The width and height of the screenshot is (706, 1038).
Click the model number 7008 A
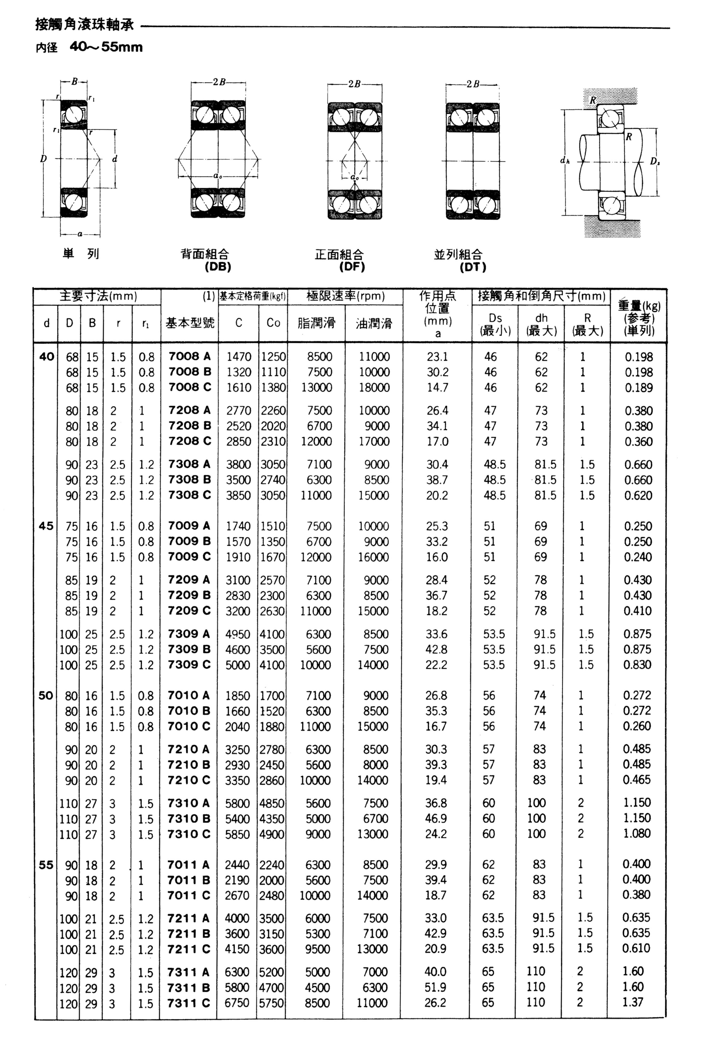click(x=189, y=357)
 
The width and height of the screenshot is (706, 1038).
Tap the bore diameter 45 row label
click(x=46, y=526)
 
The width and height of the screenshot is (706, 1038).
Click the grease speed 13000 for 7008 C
click(x=317, y=387)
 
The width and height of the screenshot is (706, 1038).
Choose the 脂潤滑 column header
click(x=316, y=323)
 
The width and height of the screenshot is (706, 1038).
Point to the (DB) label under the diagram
click(x=218, y=267)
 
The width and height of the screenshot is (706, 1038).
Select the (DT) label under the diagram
click(x=473, y=267)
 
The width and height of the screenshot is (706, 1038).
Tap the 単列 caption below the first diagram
click(x=81, y=254)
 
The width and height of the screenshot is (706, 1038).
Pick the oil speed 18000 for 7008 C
click(x=374, y=387)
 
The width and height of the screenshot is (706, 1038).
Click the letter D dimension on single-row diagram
click(x=43, y=159)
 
